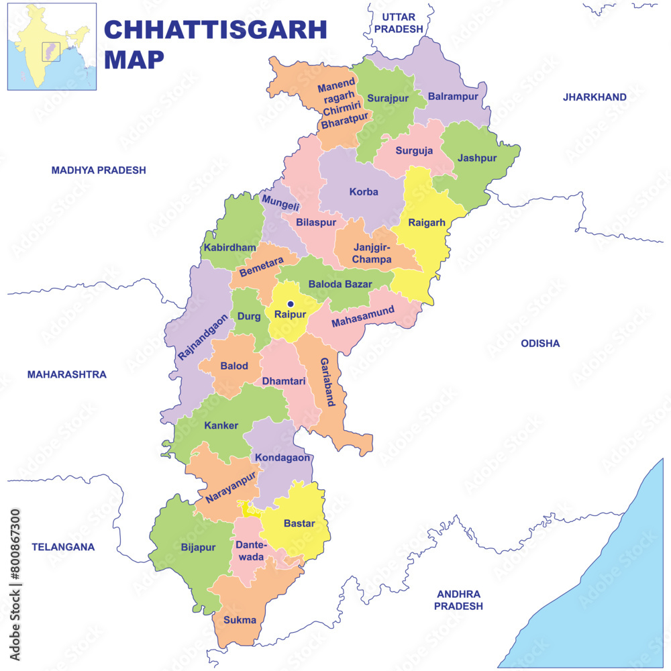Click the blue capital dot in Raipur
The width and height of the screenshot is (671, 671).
[291, 304]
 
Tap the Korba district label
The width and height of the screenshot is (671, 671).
[364, 192]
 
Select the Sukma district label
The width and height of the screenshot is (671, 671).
[240, 620]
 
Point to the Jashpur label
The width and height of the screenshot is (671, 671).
[476, 158]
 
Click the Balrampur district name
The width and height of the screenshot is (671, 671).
[453, 97]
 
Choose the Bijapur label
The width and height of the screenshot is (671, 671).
[199, 548]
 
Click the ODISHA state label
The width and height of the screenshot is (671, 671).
[540, 344]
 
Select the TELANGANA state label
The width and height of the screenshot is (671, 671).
[63, 547]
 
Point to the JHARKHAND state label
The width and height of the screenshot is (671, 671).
[595, 97]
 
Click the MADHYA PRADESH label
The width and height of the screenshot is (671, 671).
[99, 170]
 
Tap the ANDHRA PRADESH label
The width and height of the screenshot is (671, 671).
[458, 600]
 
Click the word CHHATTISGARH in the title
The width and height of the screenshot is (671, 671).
[215, 30]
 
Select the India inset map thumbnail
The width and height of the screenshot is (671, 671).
[52, 47]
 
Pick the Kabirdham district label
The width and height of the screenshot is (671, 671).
[229, 248]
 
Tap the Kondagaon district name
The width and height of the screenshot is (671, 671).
[282, 458]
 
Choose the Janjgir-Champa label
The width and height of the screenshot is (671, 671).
[372, 254]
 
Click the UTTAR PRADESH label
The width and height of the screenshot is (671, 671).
[399, 23]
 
